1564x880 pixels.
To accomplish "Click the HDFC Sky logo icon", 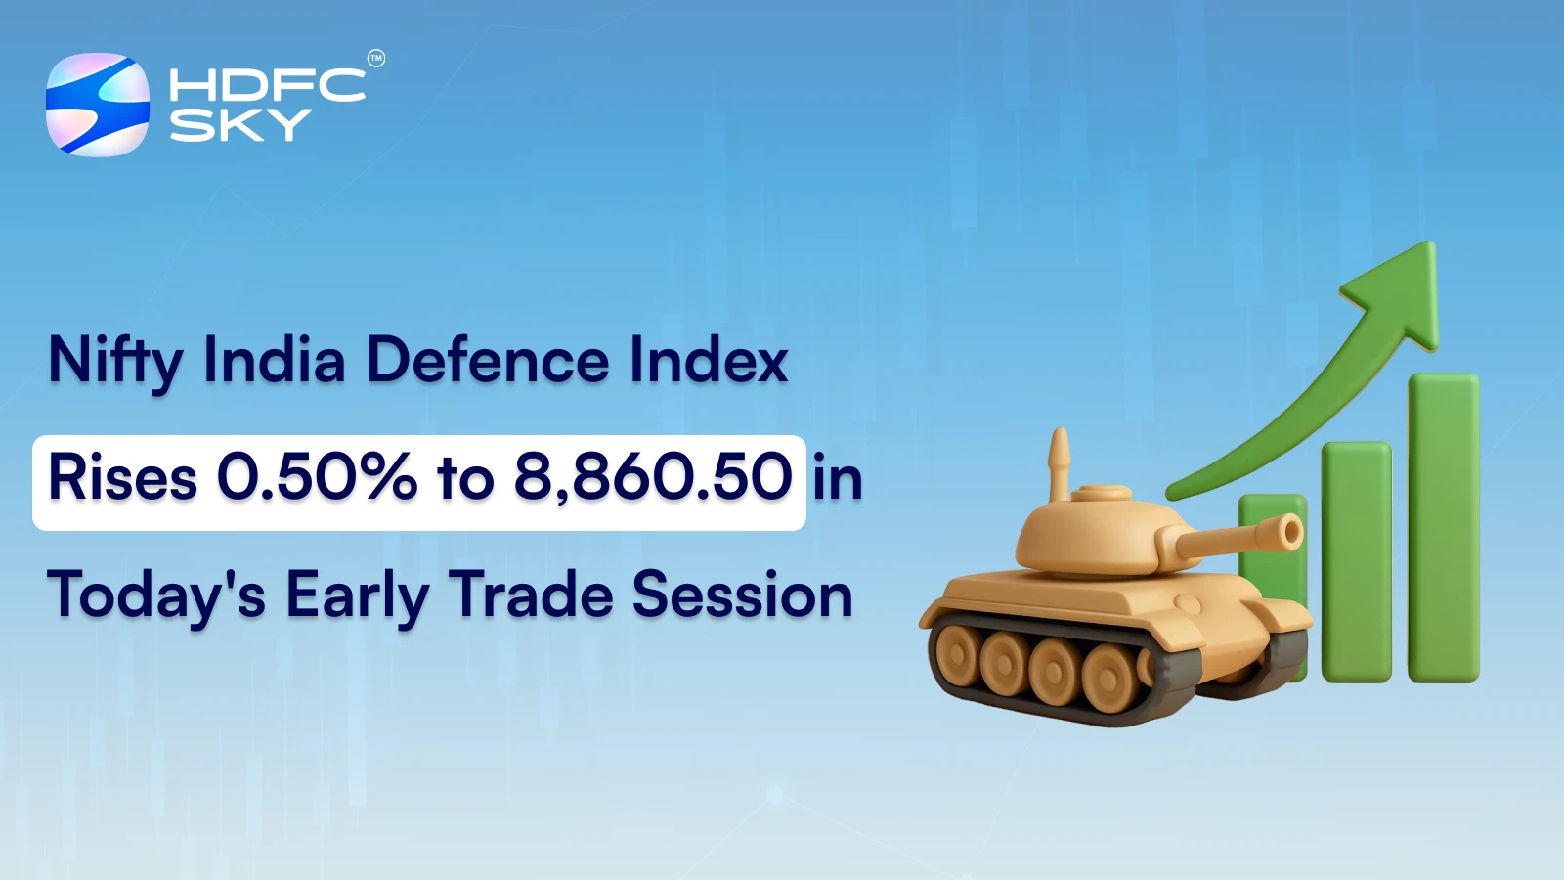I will [x=98, y=105].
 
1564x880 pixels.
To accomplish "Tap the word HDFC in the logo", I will [x=267, y=85].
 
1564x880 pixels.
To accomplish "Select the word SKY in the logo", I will [x=240, y=125].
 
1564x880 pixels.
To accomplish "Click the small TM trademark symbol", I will [x=375, y=59].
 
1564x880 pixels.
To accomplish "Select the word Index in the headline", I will [x=709, y=360].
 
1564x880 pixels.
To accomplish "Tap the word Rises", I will [x=123, y=479].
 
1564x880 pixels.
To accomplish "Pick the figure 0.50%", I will [x=317, y=478].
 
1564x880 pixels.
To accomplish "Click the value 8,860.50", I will [x=653, y=478].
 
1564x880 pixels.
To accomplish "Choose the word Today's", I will [x=156, y=596].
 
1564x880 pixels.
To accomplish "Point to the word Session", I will [x=742, y=594].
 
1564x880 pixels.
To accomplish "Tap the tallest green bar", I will [x=1443, y=528].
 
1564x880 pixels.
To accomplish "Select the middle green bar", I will [x=1356, y=562].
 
